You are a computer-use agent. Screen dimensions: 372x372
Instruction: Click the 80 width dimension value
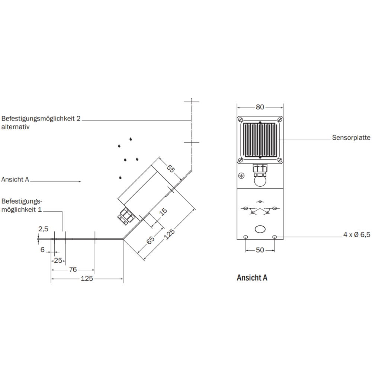point(260,107)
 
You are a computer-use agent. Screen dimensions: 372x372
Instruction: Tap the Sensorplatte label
point(351,138)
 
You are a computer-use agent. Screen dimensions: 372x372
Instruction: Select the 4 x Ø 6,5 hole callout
point(357,235)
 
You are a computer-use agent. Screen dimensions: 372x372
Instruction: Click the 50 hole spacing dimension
point(260,250)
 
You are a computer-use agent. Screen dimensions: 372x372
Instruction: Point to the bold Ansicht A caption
point(252,278)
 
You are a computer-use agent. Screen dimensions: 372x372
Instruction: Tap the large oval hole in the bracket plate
point(260,229)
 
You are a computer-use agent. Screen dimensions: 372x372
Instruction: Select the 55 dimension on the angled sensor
point(170,169)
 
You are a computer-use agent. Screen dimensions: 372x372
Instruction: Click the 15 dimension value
point(163,211)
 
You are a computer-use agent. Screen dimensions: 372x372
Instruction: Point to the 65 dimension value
point(150,240)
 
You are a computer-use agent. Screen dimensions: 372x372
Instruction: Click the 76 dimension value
point(73,269)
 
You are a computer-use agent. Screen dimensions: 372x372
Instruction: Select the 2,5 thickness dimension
point(43,229)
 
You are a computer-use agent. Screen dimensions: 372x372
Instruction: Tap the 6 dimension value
point(42,250)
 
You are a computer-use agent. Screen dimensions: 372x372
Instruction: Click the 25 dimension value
point(58,260)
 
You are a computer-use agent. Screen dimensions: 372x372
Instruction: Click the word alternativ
point(15,127)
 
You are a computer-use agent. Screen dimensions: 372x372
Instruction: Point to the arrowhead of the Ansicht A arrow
point(80,182)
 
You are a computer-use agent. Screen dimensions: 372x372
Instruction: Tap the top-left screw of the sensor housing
point(240,119)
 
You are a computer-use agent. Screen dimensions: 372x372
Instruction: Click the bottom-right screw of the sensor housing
point(280,160)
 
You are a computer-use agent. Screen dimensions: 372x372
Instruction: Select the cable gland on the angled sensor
point(125,216)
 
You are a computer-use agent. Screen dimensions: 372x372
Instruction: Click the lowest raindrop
point(120,177)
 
